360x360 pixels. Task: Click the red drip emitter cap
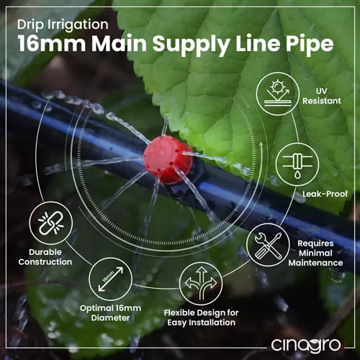click(168, 160)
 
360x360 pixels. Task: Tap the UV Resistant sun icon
click(278, 94)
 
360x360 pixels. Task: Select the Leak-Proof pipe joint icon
click(297, 164)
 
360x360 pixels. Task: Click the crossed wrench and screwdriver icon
click(268, 245)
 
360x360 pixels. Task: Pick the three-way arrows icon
click(201, 283)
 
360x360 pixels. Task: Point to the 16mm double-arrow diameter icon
click(111, 279)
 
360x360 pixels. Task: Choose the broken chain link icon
click(51, 223)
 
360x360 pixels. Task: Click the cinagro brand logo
click(306, 345)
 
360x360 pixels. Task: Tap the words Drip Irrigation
click(63, 24)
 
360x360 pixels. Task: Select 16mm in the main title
click(51, 43)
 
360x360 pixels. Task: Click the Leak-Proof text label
click(325, 194)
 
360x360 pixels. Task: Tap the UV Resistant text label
click(322, 96)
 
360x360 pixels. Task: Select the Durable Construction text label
click(45, 257)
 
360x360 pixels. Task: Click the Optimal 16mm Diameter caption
click(110, 313)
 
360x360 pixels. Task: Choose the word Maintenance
click(315, 263)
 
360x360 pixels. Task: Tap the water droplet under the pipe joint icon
click(297, 174)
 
